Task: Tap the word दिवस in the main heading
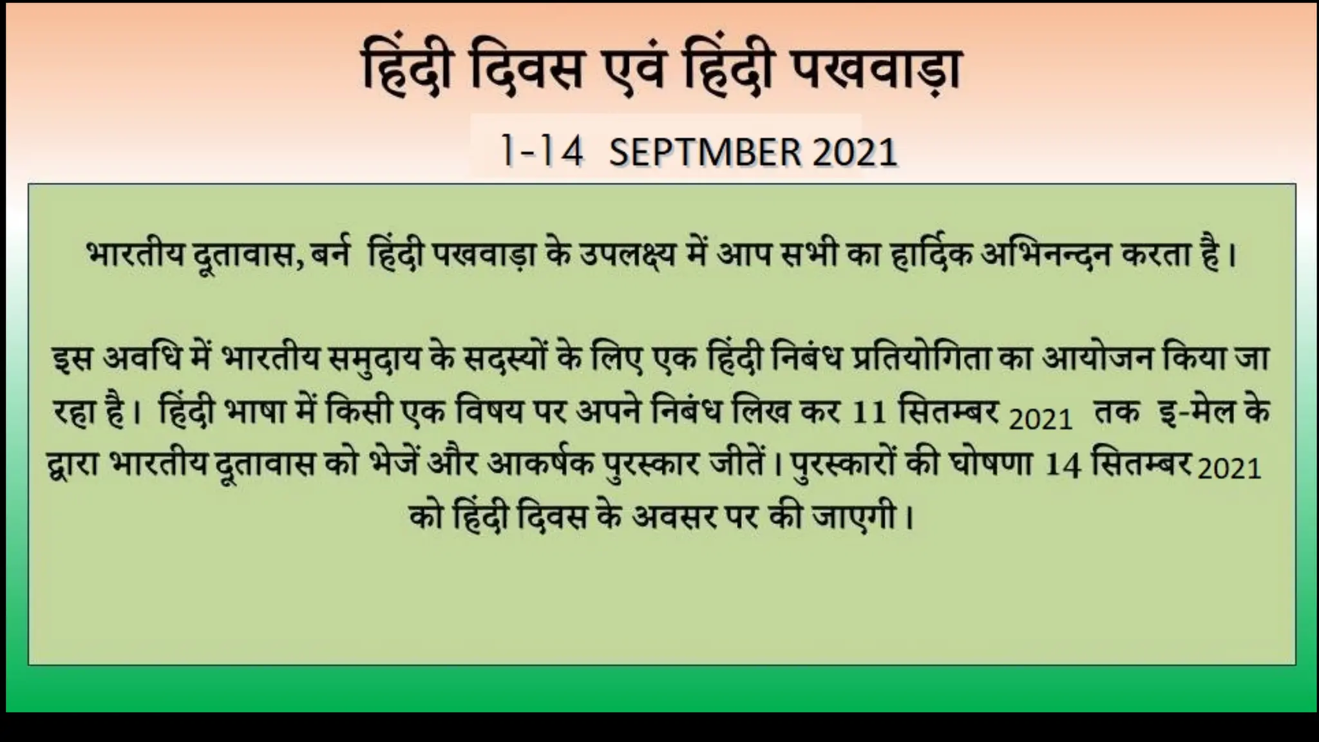(x=524, y=72)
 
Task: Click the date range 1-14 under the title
(x=542, y=153)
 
